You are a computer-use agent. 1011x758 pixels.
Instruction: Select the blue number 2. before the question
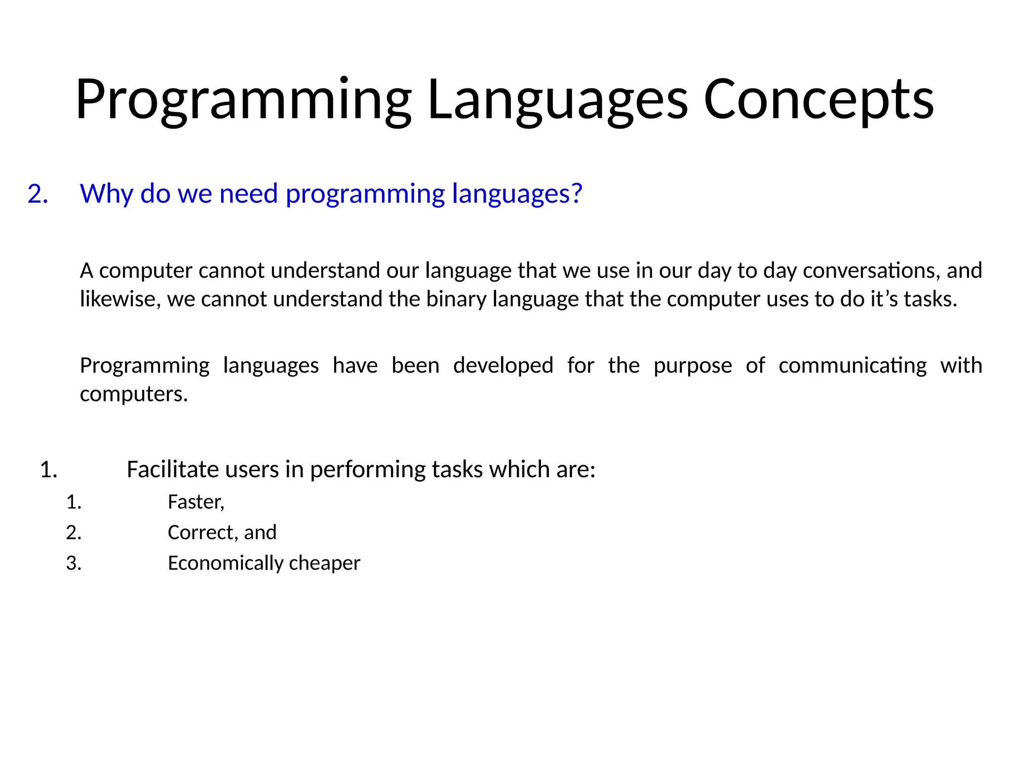pos(38,193)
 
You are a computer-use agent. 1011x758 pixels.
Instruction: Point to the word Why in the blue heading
pos(106,193)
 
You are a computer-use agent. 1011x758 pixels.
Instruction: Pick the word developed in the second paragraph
pos(503,366)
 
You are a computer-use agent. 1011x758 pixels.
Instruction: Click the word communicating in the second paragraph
pos(853,366)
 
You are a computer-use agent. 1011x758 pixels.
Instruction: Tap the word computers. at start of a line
pos(134,394)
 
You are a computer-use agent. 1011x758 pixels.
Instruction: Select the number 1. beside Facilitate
pos(48,469)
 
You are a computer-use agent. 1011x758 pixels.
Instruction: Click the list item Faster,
pos(196,502)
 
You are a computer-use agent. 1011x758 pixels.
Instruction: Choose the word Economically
pos(226,563)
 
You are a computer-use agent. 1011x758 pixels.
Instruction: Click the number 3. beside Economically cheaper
pos(74,563)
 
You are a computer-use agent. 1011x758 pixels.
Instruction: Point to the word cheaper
pos(324,564)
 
